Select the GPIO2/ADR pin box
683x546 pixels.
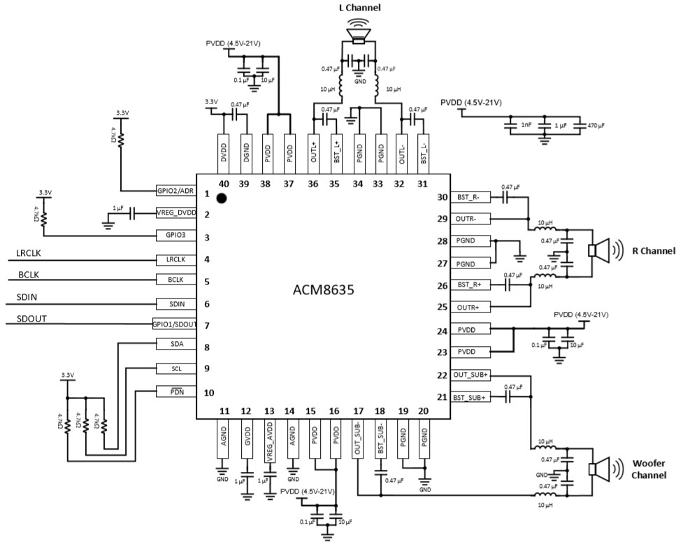click(175, 191)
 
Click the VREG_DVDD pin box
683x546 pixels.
click(175, 214)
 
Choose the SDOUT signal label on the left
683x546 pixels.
click(30, 319)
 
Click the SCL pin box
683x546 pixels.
click(175, 368)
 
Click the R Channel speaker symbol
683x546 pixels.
click(601, 250)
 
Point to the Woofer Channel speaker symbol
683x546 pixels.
click(601, 470)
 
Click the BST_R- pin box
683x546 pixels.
click(469, 198)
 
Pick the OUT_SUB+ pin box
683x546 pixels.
click(469, 375)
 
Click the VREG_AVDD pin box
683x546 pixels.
click(270, 438)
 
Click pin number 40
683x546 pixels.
click(224, 183)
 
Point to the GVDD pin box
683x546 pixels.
click(246, 438)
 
